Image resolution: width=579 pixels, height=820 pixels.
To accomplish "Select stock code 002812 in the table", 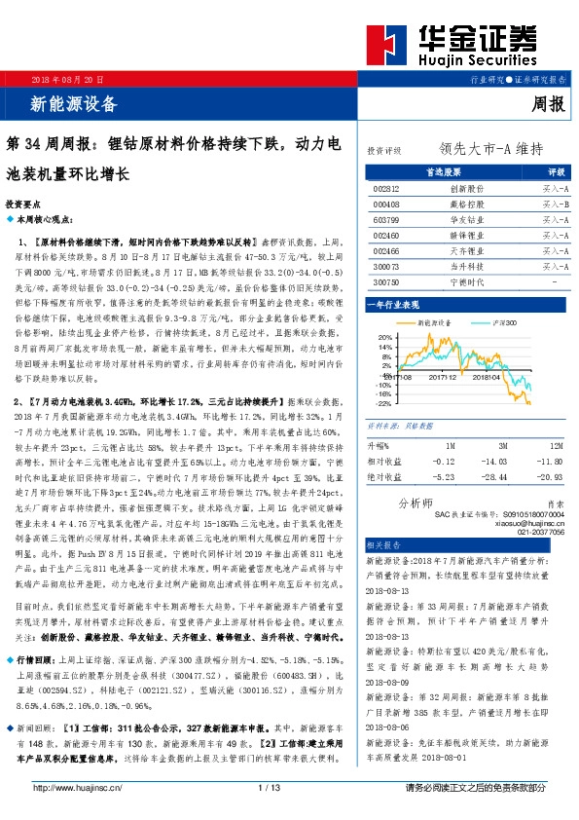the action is click(387, 188).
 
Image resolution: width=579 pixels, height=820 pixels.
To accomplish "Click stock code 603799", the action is click(387, 219).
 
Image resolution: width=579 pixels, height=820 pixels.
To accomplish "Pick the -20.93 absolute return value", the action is click(550, 477).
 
